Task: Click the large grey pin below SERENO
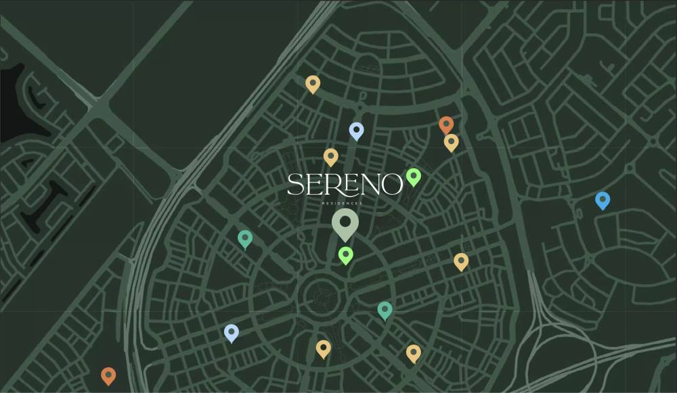click(x=345, y=223)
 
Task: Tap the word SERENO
click(x=345, y=185)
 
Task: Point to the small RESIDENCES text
click(x=345, y=202)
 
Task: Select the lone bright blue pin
click(x=603, y=200)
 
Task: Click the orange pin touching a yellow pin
click(x=446, y=124)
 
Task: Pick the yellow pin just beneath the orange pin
click(x=452, y=142)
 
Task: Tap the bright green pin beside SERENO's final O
click(x=414, y=177)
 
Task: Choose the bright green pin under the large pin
click(x=346, y=255)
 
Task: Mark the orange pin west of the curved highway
click(x=108, y=375)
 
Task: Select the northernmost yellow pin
click(x=312, y=83)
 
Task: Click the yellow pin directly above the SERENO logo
click(x=330, y=156)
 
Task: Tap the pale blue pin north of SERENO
click(x=357, y=130)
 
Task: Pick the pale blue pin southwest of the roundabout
click(x=232, y=333)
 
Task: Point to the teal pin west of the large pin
click(x=245, y=238)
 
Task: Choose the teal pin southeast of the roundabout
click(x=385, y=310)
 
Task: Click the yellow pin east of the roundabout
click(x=461, y=261)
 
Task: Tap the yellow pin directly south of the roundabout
click(x=324, y=348)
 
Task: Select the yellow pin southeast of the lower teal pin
click(x=414, y=352)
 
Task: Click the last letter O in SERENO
click(x=391, y=185)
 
